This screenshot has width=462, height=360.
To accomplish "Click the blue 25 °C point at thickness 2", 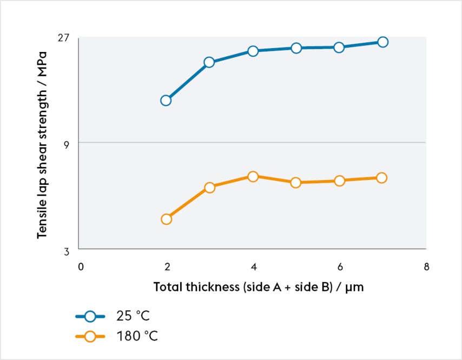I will click(166, 100).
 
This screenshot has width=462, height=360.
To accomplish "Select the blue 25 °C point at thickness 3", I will click(209, 62).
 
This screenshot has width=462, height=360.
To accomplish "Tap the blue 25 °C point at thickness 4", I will click(253, 51).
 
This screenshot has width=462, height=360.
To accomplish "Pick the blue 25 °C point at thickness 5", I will click(296, 48).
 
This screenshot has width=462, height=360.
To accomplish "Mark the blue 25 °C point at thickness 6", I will click(339, 48).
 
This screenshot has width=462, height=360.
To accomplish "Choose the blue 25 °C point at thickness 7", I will click(382, 42).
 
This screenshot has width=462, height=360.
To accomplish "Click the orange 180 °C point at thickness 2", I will click(166, 219).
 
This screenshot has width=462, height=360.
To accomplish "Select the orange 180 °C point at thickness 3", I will click(210, 188).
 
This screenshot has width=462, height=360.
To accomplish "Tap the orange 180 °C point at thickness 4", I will click(253, 176).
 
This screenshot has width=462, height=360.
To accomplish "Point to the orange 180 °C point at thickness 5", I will click(296, 183).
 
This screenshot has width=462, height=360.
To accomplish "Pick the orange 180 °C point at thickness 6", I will click(339, 181).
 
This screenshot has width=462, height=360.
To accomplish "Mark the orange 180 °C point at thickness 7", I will click(381, 178).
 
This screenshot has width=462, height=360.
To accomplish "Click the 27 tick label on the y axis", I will click(64, 38).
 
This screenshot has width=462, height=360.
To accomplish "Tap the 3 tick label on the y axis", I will click(67, 251).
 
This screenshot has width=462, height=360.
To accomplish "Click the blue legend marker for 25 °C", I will click(90, 317).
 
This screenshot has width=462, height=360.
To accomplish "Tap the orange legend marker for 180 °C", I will click(90, 336).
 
